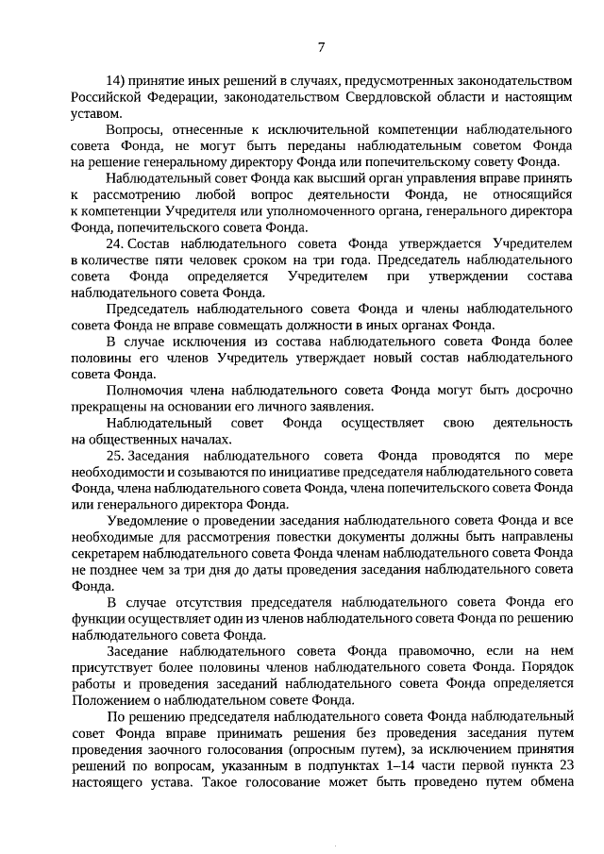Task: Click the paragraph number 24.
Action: (115, 243)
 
